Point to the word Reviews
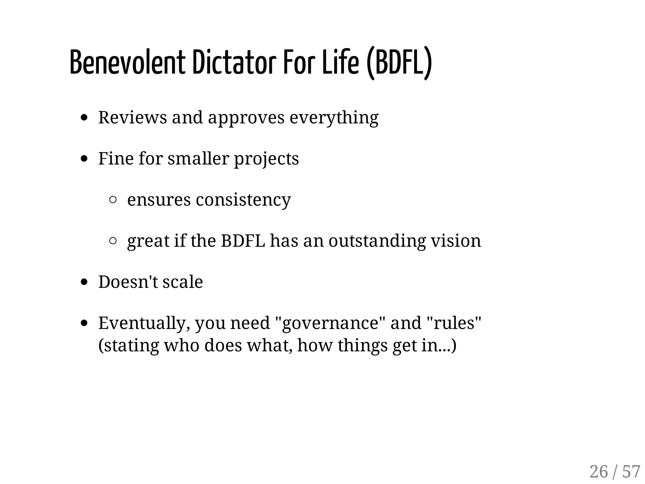click(x=133, y=117)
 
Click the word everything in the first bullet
click(x=334, y=118)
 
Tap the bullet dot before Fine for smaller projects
click(x=84, y=159)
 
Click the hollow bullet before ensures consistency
click(x=113, y=200)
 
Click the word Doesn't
click(x=128, y=282)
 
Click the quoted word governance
click(x=330, y=323)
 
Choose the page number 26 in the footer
click(x=598, y=472)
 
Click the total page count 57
click(x=631, y=472)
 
